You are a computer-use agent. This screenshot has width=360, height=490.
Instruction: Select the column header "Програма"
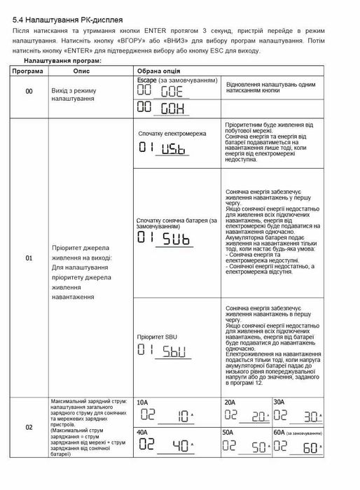pyautogui.click(x=29, y=71)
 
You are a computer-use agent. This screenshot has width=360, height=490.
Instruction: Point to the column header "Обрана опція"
pyautogui.click(x=158, y=71)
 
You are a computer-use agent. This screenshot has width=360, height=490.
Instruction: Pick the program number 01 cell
pyautogui.click(x=29, y=258)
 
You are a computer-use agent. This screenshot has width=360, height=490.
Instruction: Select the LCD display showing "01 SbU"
pyautogui.click(x=161, y=350)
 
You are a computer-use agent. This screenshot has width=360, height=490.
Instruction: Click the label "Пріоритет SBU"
pyautogui.click(x=158, y=337)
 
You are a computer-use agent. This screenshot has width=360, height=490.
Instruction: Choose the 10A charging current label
pyautogui.click(x=142, y=402)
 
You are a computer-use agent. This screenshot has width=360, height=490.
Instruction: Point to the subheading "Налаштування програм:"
pyautogui.click(x=62, y=62)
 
